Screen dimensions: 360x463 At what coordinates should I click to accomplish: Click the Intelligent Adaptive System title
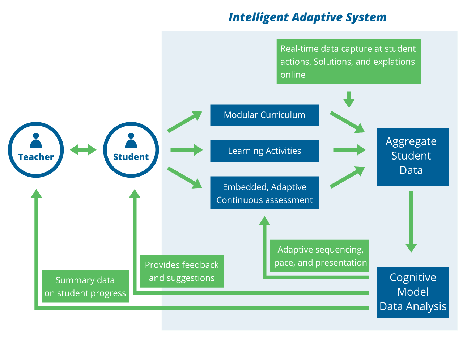point(307,17)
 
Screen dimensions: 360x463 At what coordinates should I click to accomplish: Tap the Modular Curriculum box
point(264,115)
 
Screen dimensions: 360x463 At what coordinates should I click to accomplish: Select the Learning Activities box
point(264,151)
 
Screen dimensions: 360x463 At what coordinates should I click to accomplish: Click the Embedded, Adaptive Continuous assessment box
point(264,193)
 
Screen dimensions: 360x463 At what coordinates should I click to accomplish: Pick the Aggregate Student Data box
point(413,156)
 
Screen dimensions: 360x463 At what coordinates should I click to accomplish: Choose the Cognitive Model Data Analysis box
point(413,292)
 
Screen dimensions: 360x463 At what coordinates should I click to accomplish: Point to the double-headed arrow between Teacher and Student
point(83,149)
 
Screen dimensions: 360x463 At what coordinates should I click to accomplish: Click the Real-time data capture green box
point(349,62)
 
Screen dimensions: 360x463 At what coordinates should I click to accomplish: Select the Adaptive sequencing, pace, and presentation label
point(320,256)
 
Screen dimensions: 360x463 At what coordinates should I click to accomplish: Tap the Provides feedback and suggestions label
point(182,271)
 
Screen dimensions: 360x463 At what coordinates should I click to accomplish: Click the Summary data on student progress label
point(85,286)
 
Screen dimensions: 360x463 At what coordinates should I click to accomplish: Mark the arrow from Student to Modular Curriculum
point(184,121)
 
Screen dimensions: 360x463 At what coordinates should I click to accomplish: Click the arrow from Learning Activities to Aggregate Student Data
point(349,149)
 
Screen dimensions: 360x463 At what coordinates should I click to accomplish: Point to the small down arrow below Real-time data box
point(349,99)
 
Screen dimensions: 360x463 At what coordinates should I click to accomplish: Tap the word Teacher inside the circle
point(36,157)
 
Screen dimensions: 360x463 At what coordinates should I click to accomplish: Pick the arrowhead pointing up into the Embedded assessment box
point(264,221)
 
